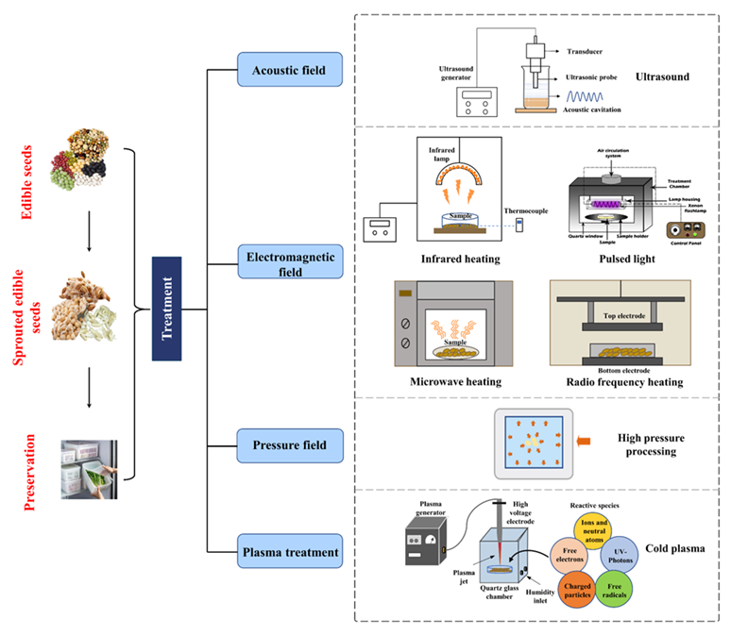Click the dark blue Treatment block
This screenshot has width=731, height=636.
click(166, 307)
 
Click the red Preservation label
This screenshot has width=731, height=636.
click(30, 472)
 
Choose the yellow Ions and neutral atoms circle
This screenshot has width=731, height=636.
click(595, 525)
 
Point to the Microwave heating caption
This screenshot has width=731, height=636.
click(455, 381)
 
